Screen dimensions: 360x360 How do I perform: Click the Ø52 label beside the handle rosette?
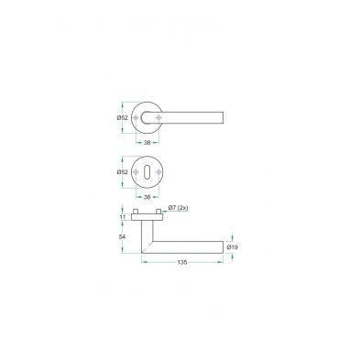pos(122,118)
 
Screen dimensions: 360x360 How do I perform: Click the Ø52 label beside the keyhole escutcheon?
pos(122,172)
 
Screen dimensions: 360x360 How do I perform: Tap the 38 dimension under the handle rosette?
pos(147,142)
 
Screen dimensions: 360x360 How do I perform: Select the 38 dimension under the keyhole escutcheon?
pos(147,197)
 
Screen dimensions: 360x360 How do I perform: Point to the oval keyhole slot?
pos(147,172)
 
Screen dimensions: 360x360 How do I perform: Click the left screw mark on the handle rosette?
pos(136,118)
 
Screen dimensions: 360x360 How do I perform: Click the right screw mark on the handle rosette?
pos(158,118)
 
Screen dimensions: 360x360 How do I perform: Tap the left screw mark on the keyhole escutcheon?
pos(136,172)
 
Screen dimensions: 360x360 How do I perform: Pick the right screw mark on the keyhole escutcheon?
pos(158,172)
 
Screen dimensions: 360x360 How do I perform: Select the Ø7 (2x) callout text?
pos(178,208)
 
